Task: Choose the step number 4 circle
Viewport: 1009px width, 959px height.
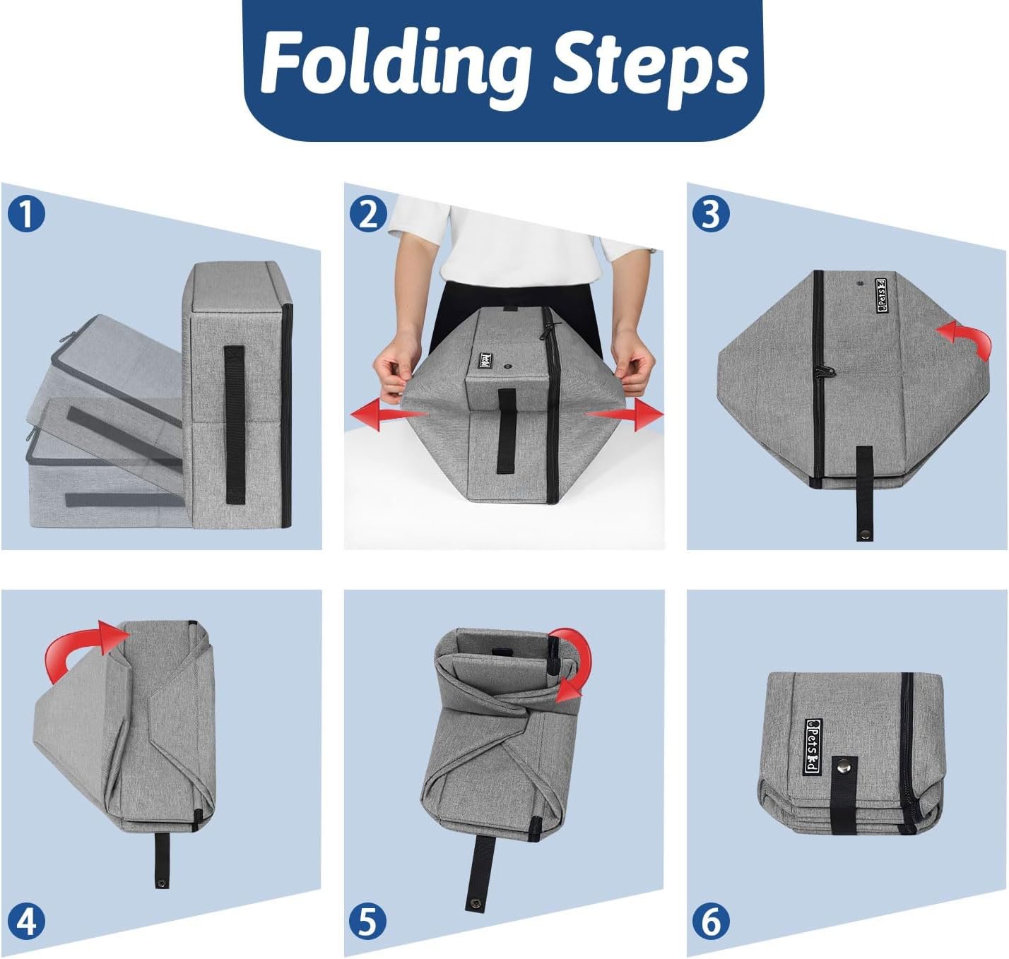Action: click(x=26, y=922)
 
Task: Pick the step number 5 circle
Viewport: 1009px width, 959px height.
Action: click(x=368, y=922)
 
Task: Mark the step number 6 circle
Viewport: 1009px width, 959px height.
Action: click(x=711, y=922)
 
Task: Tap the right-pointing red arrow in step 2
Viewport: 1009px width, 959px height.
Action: click(x=624, y=415)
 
